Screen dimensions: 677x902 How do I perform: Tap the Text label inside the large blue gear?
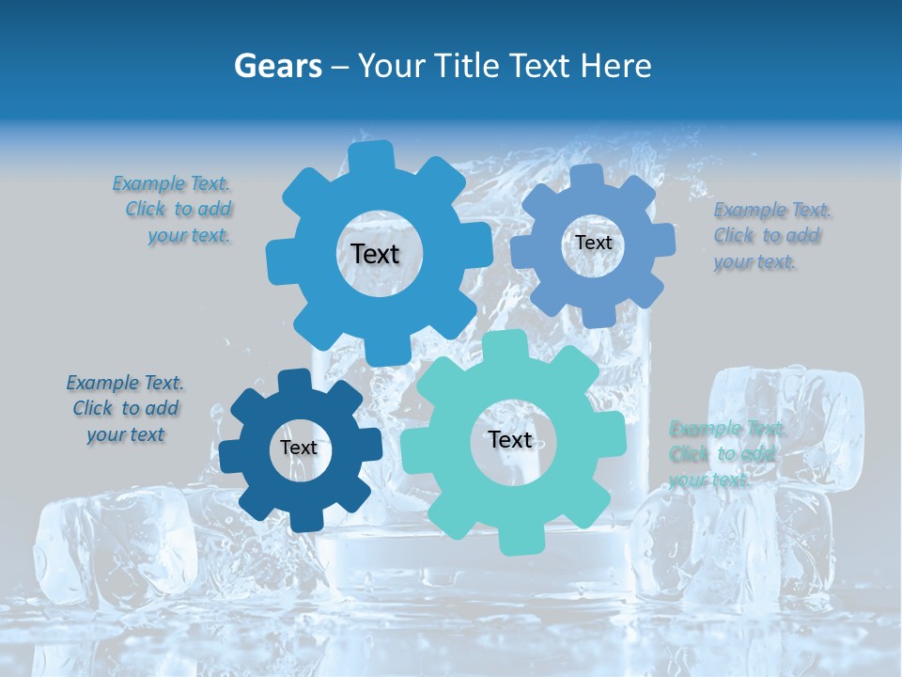pyautogui.click(x=375, y=254)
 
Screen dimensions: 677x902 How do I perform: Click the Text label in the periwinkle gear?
pyautogui.click(x=593, y=243)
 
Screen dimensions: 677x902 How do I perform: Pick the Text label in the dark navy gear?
pyautogui.click(x=299, y=448)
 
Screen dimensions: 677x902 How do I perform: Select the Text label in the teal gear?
pyautogui.click(x=510, y=439)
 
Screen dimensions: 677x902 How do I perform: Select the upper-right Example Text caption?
pyautogui.click(x=772, y=236)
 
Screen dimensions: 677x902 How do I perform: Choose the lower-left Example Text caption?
pyautogui.click(x=126, y=409)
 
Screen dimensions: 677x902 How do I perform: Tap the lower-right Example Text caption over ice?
pyautogui.click(x=725, y=454)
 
